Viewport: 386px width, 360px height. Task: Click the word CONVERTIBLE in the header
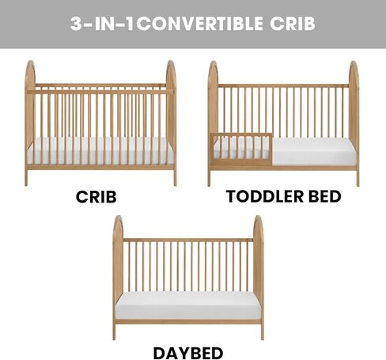200,24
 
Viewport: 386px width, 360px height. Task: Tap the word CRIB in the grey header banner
293,24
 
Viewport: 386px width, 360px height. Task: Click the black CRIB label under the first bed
96,197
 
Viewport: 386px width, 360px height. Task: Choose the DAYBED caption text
188,353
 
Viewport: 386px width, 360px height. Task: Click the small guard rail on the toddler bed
241,150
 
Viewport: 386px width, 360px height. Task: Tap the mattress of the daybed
188,305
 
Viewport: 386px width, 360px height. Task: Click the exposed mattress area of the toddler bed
314,152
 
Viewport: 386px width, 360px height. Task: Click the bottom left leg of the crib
26,177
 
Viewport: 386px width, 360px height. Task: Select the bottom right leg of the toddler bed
358,178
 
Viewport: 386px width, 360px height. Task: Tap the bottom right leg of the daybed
263,332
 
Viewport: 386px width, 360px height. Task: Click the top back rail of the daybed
188,240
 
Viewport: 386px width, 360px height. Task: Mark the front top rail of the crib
100,92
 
